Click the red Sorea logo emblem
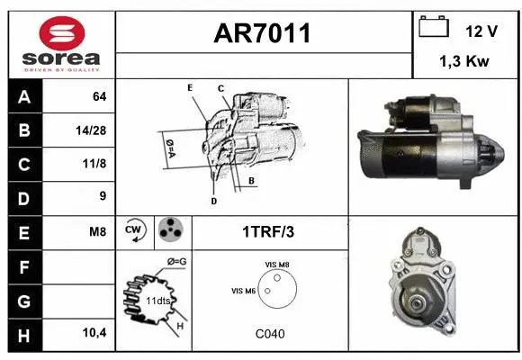coord(61,33)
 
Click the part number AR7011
coord(262,33)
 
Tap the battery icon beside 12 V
coord(434,26)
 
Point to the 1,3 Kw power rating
coord(464,61)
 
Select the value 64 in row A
coord(100,96)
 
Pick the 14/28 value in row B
coord(91,130)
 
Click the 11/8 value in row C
coord(94,164)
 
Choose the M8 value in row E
coord(97,232)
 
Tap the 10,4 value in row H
coord(94,332)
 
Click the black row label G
coord(24,301)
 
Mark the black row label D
coord(24,199)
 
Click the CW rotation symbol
coord(134,229)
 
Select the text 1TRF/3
coord(268,232)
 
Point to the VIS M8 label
coord(277,265)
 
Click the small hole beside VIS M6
coord(267,291)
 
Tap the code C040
coord(270,334)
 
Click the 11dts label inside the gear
coord(157,301)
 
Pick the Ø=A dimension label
coord(171,148)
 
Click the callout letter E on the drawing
coord(190,87)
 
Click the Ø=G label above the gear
coord(176,262)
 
